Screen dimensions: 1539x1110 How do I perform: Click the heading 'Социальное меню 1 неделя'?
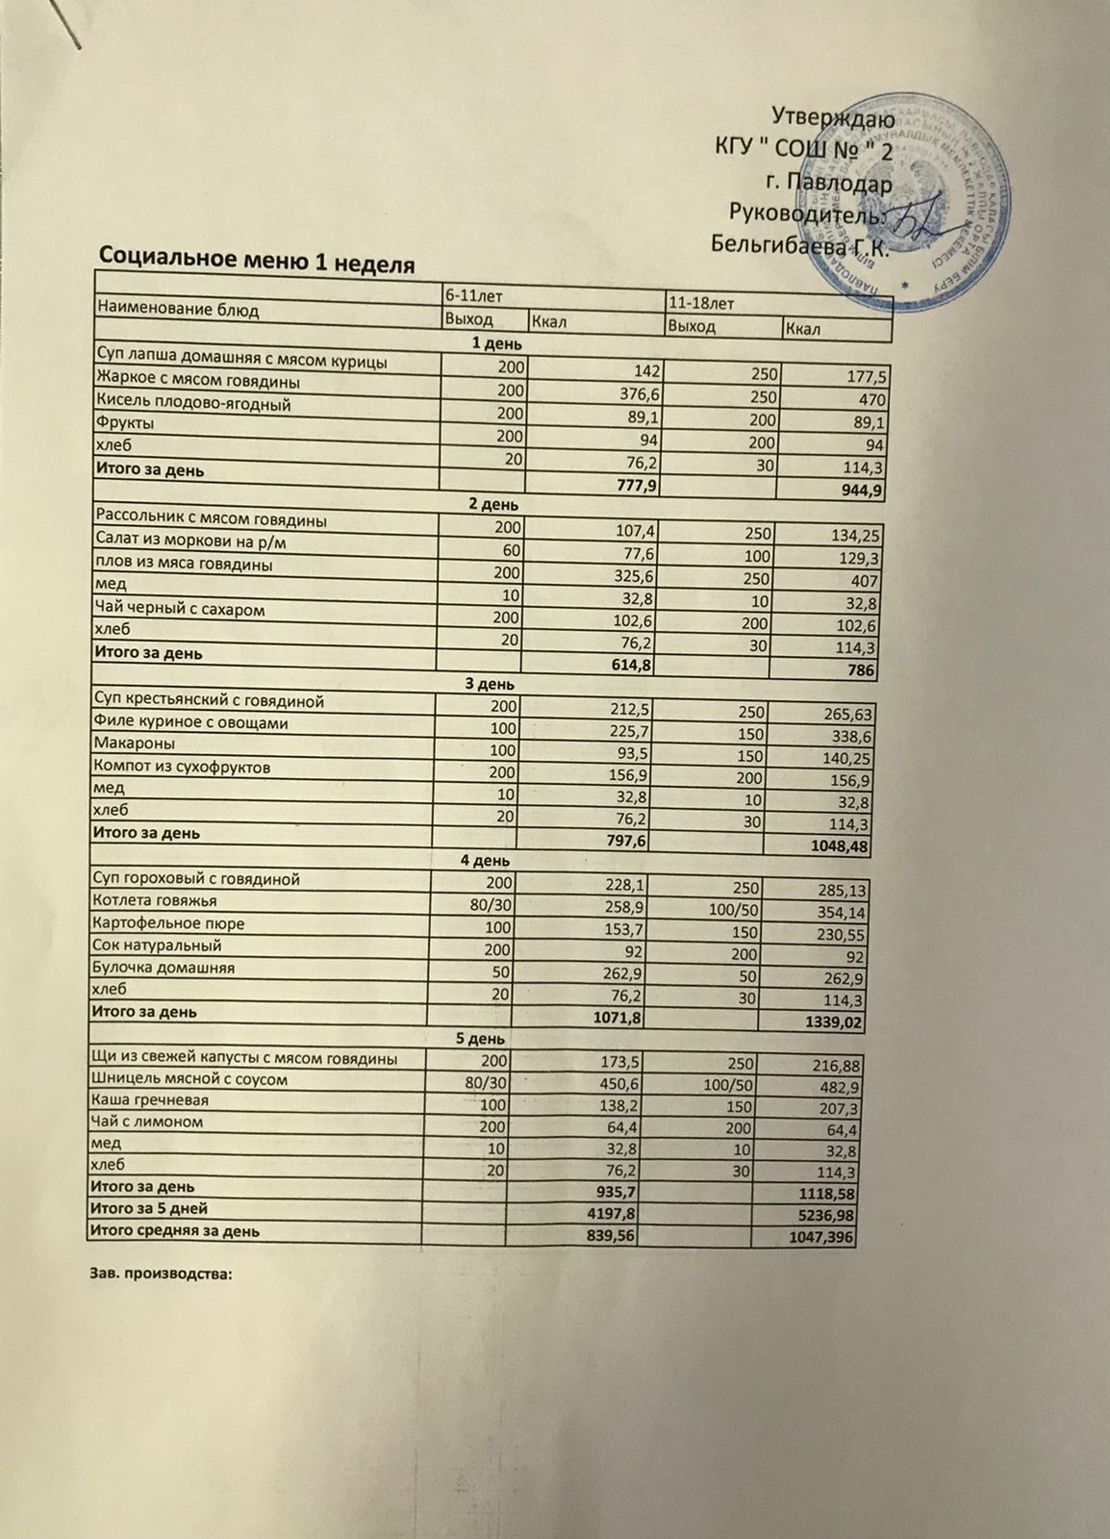(x=257, y=258)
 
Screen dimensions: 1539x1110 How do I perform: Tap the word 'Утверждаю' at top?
(x=834, y=119)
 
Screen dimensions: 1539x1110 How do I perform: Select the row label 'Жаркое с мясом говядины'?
(x=197, y=383)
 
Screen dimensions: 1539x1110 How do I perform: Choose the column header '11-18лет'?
(x=700, y=303)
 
